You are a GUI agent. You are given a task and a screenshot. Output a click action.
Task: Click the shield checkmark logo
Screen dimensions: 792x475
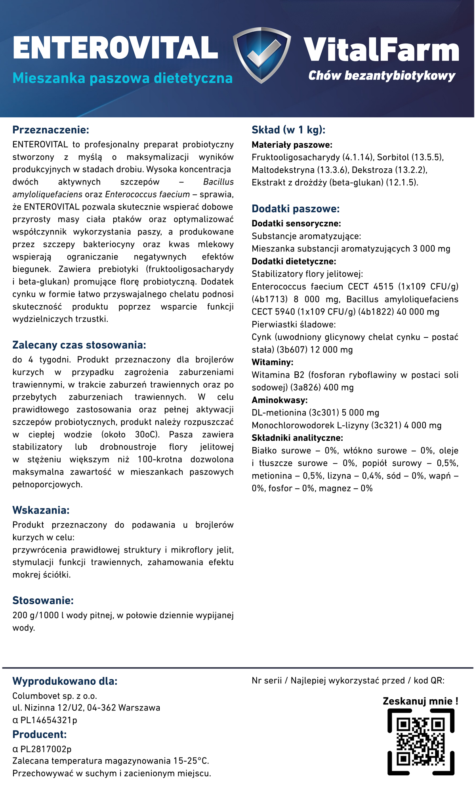[262, 55]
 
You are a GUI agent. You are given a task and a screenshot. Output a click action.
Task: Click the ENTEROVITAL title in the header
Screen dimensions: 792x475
[115, 48]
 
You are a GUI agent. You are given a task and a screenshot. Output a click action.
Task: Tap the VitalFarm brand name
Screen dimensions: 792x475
[381, 50]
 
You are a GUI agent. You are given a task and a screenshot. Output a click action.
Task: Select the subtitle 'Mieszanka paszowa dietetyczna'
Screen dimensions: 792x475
[122, 78]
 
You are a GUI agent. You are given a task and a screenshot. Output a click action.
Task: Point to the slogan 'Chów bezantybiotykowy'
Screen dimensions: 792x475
[382, 76]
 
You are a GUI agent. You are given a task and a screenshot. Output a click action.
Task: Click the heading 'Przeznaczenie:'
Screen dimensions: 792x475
[51, 130]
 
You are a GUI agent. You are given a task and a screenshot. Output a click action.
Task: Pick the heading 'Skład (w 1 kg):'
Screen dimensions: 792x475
[288, 130]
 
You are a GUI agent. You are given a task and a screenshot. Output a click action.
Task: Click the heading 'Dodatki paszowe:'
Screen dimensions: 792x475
[296, 209]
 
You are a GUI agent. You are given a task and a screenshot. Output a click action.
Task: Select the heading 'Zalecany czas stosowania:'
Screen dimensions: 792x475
[79, 345]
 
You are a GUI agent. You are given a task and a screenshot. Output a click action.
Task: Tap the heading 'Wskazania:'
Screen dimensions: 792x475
[41, 510]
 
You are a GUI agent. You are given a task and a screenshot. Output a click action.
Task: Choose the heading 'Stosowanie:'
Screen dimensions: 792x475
[43, 600]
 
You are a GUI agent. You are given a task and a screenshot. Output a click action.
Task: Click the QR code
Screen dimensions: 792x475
[420, 741]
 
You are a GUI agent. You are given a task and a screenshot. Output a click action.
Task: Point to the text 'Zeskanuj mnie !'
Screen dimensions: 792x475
[420, 701]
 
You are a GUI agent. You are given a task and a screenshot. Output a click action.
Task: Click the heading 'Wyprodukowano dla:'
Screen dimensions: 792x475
[65, 681]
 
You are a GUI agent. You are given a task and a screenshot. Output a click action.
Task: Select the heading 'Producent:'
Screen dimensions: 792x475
[40, 734]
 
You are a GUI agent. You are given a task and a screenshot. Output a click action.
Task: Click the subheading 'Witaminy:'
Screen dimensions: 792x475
[272, 362]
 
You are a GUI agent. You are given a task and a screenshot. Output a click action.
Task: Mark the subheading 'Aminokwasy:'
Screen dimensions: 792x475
[280, 400]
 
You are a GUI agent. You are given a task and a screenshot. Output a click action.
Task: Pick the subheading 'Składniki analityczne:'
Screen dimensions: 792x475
[297, 438]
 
